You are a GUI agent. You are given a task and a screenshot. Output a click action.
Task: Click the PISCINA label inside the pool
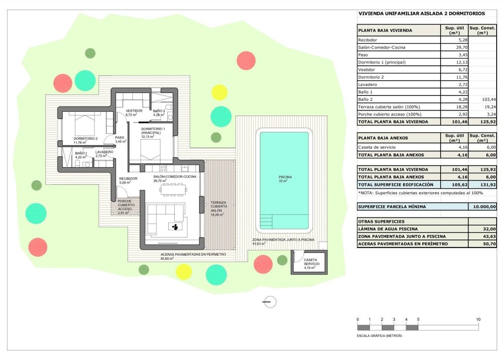click(x=285, y=177)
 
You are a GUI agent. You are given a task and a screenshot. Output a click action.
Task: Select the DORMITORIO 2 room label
click(x=86, y=139)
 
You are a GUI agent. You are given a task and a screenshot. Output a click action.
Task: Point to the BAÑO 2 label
click(x=158, y=111)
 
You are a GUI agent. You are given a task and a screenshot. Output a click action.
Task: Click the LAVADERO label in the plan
click(x=104, y=152)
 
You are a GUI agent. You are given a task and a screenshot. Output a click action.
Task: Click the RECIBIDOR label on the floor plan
click(x=128, y=179)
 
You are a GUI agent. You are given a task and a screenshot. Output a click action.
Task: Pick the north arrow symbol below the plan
click(x=270, y=302)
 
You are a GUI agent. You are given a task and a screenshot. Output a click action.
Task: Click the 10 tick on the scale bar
click(x=478, y=320)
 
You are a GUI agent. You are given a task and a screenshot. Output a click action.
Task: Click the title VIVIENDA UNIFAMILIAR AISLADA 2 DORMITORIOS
click(x=421, y=14)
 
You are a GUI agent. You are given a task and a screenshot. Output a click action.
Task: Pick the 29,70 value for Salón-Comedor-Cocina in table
click(x=453, y=48)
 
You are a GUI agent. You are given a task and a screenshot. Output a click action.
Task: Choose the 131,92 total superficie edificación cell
click(x=482, y=184)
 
